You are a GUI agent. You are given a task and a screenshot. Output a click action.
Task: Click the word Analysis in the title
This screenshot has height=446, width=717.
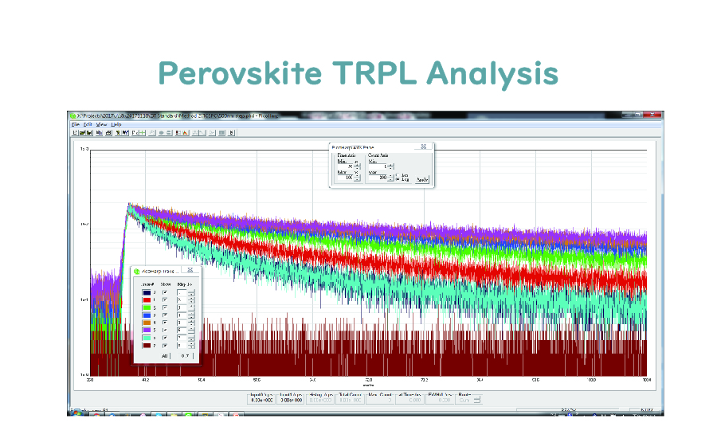tap(492, 72)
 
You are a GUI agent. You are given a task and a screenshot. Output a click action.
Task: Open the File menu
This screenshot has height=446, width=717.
tap(76, 124)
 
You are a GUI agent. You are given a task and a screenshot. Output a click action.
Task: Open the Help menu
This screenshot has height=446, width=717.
tap(116, 124)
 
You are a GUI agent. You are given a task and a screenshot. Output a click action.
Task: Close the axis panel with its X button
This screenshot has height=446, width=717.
tap(423, 147)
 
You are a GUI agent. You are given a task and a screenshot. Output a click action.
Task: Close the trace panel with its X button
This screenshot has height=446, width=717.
tap(190, 271)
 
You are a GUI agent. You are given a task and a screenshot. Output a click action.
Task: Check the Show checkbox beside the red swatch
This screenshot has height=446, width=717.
tap(165, 299)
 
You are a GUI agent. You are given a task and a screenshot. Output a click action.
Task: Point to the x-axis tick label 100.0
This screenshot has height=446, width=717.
tap(646, 380)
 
